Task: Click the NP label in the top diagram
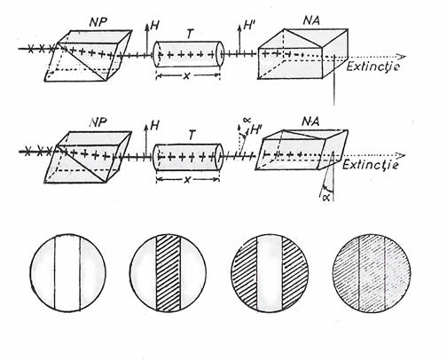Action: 98,22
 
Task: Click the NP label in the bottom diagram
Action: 98,122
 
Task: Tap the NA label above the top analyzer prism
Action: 311,20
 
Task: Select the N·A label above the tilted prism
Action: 310,121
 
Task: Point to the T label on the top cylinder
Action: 190,35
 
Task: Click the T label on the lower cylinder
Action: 192,136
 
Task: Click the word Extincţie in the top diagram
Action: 373,67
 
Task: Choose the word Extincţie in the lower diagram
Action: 370,164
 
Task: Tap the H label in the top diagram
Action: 154,26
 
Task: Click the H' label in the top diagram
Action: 248,27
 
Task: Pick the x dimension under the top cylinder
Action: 186,76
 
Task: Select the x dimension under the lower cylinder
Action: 187,180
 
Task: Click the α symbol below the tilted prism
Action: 326,197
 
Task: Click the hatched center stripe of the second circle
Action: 168,273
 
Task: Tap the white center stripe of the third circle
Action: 270,273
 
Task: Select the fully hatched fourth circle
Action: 372,273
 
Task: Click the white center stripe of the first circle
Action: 67,273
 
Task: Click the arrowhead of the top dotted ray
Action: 402,56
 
